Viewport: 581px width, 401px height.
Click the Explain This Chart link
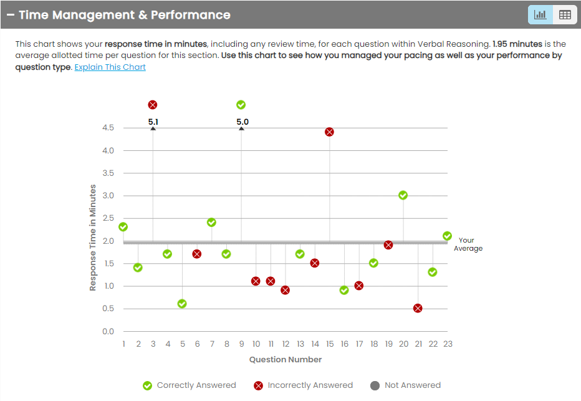[110, 67]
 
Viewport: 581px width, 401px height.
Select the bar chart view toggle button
[540, 15]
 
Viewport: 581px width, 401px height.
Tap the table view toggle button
[565, 15]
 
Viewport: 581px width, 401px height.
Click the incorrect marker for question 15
[329, 132]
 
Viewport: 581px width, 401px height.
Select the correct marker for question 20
[403, 195]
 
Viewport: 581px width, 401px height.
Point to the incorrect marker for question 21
[418, 308]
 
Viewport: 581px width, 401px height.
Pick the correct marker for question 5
[182, 304]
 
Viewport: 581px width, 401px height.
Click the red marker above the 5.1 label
[153, 105]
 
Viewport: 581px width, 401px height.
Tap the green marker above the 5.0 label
[241, 105]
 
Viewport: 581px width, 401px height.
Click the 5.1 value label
[153, 122]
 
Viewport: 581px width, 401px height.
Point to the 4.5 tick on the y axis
[108, 128]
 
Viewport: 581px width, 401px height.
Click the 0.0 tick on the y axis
[108, 331]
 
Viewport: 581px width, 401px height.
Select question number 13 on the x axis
[300, 344]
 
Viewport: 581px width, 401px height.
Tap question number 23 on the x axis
[447, 344]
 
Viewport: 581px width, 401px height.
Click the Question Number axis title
[286, 359]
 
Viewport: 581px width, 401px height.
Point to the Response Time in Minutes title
[93, 237]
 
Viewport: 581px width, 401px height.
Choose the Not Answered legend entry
[405, 385]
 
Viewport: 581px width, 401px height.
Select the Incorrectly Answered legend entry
[303, 385]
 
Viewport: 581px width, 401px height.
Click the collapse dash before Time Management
[11, 15]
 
